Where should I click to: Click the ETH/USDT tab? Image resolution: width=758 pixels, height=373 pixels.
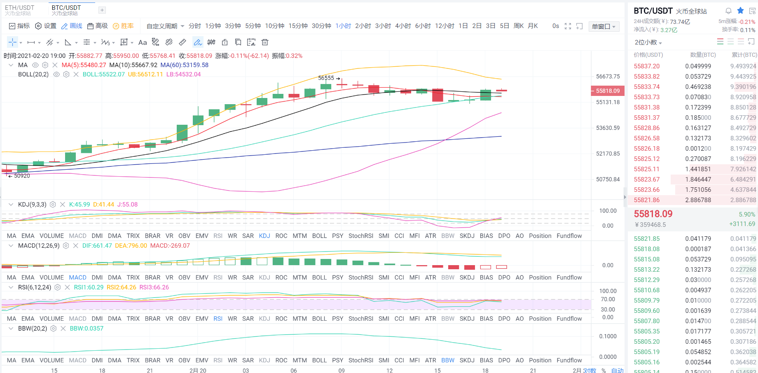[x=19, y=10]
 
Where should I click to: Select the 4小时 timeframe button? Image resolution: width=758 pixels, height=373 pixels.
[x=402, y=26]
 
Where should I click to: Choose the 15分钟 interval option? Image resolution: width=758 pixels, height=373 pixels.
[x=298, y=26]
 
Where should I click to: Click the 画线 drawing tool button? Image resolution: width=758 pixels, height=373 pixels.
[x=72, y=26]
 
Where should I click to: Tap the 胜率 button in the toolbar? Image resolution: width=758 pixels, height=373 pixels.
[x=123, y=26]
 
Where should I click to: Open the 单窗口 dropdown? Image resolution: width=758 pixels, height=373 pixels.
[x=604, y=26]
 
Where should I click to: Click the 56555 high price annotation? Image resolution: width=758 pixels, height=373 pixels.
[x=326, y=78]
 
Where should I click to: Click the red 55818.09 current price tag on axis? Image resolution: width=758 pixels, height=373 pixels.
[x=608, y=91]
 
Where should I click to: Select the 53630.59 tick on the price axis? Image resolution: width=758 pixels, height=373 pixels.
[x=608, y=128]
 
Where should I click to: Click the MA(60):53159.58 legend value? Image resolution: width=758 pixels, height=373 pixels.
[x=184, y=65]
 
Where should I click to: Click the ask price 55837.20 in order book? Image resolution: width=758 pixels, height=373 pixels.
[x=646, y=66]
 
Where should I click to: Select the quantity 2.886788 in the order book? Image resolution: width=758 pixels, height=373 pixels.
[x=698, y=200]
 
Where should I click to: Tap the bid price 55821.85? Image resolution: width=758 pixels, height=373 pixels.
[x=646, y=239]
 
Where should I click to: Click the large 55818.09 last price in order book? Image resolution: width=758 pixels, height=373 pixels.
[x=653, y=214]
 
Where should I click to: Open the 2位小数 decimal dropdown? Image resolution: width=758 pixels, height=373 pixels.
[x=648, y=42]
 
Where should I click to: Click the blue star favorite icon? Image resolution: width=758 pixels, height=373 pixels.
[x=740, y=11]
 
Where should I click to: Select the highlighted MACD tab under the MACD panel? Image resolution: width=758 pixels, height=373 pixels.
[x=77, y=277]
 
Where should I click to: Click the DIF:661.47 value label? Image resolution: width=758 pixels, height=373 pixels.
[x=97, y=246]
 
